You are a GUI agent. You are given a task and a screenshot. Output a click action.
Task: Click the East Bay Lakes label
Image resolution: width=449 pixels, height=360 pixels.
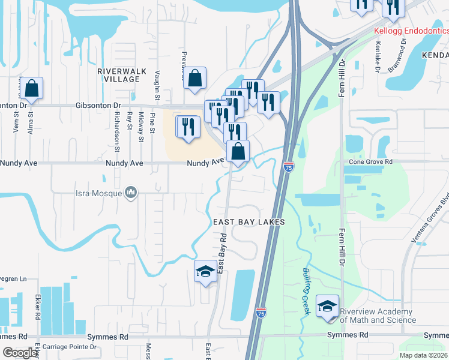pos(249,222)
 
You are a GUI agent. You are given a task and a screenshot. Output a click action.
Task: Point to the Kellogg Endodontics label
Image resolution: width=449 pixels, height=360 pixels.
pos(411,30)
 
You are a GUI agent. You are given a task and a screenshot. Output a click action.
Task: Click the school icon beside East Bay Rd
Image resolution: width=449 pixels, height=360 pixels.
pos(205,272)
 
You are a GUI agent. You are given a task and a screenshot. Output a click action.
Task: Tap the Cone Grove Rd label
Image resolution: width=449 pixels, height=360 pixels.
pos(370,162)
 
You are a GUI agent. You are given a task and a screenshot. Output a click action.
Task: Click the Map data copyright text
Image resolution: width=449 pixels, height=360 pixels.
pos(423,355)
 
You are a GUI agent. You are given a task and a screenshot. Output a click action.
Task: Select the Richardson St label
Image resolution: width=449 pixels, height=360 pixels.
pos(118,128)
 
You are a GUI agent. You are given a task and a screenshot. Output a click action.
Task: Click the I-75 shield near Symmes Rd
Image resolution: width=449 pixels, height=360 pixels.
pos(261,313)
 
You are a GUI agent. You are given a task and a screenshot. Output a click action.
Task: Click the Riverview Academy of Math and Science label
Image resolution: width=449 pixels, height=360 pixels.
pos(376,316)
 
